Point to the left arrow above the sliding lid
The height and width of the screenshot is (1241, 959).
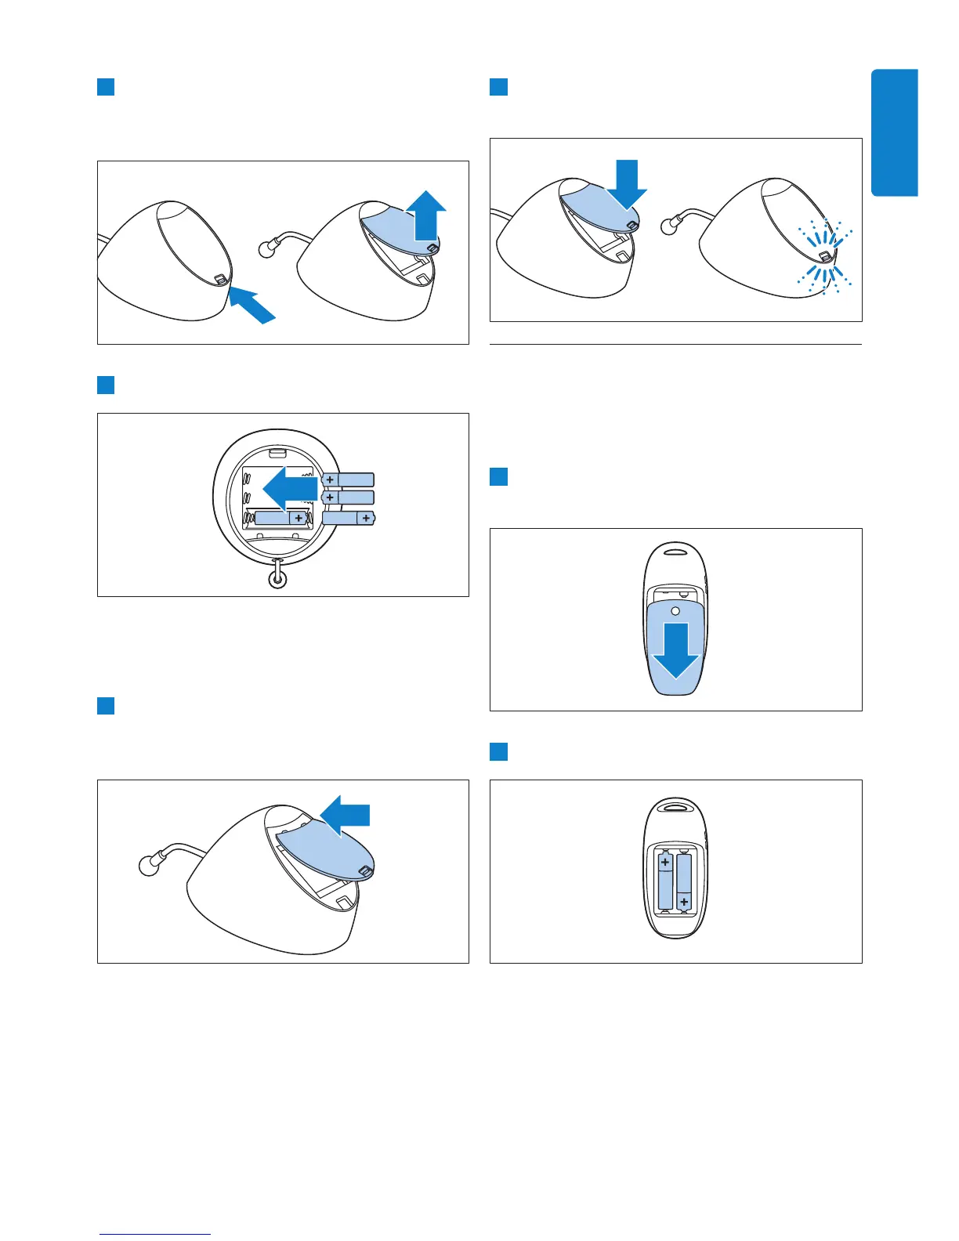[x=347, y=816]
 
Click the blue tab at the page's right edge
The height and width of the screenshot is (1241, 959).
[x=894, y=132]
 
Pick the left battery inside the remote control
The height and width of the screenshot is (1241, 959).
[x=665, y=881]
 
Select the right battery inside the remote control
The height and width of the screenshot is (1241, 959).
[x=684, y=881]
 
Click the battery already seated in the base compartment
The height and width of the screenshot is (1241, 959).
[x=280, y=518]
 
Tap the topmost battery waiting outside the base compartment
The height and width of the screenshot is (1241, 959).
[x=348, y=479]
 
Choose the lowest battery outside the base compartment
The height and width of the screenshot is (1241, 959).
[x=349, y=517]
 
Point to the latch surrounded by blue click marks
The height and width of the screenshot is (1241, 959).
[x=825, y=256]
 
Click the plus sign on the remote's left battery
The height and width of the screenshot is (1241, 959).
[x=665, y=863]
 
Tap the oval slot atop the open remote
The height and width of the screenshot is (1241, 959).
[x=676, y=806]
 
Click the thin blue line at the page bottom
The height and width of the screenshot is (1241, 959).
[x=155, y=1234]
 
